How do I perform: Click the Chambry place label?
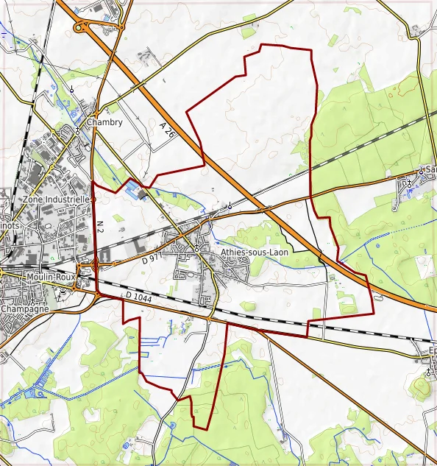coord(104,122)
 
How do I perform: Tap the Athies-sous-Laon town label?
coord(255,251)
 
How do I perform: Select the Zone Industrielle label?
coord(57,199)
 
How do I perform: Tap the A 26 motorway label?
coord(167,130)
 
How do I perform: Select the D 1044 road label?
coord(138,296)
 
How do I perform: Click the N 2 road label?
coord(100,226)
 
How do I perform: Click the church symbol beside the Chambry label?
coord(77,130)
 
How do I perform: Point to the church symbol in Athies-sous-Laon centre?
coord(196,250)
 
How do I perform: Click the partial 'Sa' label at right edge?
coord(430,169)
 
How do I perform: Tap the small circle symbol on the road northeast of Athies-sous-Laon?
coord(230,205)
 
